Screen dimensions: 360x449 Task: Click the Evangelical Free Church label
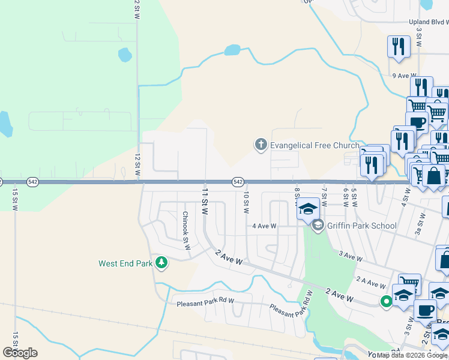click(315, 145)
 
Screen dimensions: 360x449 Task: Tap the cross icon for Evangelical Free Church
click(261, 145)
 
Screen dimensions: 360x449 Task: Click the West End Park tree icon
click(161, 263)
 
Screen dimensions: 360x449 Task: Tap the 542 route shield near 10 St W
click(238, 181)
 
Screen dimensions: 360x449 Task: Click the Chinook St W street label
click(186, 228)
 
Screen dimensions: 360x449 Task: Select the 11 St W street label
click(205, 202)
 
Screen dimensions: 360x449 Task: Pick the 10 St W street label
click(246, 202)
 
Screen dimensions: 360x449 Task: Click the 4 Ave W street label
click(264, 226)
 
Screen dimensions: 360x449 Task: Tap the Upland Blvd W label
click(428, 22)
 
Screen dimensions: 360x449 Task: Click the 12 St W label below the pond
click(137, 164)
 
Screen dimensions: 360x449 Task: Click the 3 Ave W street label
click(351, 257)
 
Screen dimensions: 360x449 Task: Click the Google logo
click(20, 353)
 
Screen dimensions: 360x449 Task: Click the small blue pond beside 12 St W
click(125, 55)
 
